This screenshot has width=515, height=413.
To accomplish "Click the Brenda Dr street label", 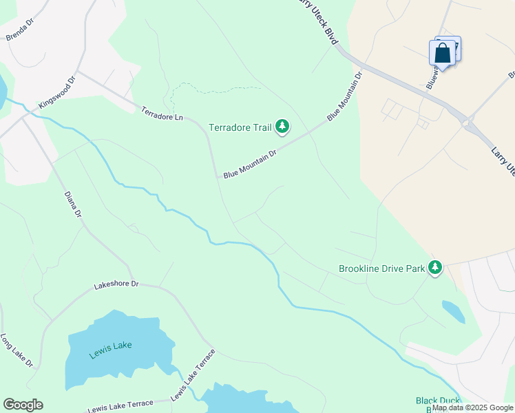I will click(x=19, y=32).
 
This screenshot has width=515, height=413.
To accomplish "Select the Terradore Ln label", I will click(x=162, y=114).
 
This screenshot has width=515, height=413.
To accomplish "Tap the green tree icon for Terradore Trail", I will click(x=282, y=126).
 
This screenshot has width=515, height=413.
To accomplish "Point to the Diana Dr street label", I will click(x=73, y=204).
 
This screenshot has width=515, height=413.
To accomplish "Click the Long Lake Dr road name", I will click(x=17, y=351).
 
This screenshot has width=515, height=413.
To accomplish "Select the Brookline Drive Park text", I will click(x=381, y=268).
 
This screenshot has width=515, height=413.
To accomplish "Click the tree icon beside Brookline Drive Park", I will click(x=434, y=267).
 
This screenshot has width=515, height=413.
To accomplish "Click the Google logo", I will click(x=23, y=405).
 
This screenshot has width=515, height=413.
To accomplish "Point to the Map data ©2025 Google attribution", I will click(x=472, y=407).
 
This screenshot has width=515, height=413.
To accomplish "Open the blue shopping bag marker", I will click(x=442, y=53).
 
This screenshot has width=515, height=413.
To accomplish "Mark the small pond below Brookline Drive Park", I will click(x=453, y=311).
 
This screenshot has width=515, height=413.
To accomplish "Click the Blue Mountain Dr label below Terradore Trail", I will click(x=249, y=164).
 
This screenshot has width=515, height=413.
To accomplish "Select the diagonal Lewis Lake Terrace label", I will click(x=193, y=375).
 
